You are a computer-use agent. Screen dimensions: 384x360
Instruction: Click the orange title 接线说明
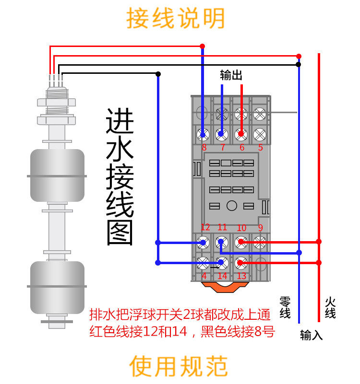[x=176, y=19]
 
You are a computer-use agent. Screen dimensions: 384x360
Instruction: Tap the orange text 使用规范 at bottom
[x=179, y=366]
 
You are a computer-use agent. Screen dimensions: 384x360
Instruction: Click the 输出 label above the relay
[x=231, y=75]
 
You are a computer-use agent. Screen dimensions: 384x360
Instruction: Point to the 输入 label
[x=312, y=335]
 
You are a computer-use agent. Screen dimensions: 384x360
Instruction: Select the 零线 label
[x=285, y=307]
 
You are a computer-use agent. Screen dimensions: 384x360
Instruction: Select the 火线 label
[x=330, y=307]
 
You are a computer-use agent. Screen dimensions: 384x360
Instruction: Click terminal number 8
[x=204, y=147]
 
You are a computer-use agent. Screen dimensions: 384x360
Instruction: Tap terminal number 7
[x=222, y=147]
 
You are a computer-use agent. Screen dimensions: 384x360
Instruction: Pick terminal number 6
[x=241, y=147]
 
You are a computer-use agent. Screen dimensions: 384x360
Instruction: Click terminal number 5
[x=260, y=147]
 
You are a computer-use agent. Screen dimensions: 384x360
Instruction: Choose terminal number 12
[x=205, y=227]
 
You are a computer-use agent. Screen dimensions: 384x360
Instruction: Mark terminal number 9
[x=261, y=227]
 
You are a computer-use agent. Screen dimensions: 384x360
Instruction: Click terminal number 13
[x=241, y=276]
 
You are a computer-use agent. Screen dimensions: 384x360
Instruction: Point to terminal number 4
[x=204, y=276]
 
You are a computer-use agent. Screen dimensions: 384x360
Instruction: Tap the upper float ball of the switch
[x=57, y=175]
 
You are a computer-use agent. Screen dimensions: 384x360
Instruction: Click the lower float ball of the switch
[x=57, y=286]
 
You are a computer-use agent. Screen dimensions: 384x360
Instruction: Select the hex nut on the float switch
[x=57, y=102]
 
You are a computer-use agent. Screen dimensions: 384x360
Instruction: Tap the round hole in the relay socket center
[x=232, y=206]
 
